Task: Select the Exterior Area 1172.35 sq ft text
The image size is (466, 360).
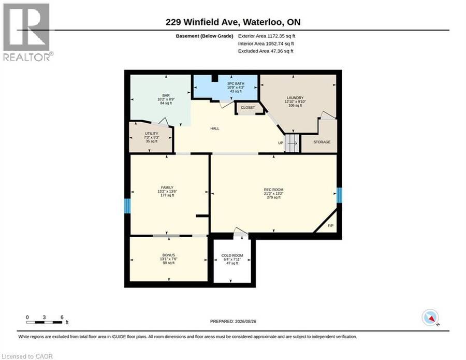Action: [267, 36]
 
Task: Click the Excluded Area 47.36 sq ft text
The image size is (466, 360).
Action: [266, 51]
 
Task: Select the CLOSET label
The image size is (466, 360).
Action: [248, 107]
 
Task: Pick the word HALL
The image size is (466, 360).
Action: [215, 128]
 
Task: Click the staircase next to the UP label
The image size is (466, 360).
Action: [292, 143]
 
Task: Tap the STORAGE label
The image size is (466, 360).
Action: [322, 142]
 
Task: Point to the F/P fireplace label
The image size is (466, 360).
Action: [330, 226]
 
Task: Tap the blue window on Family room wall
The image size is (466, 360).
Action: [127, 206]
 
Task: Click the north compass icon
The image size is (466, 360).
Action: [430, 318]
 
